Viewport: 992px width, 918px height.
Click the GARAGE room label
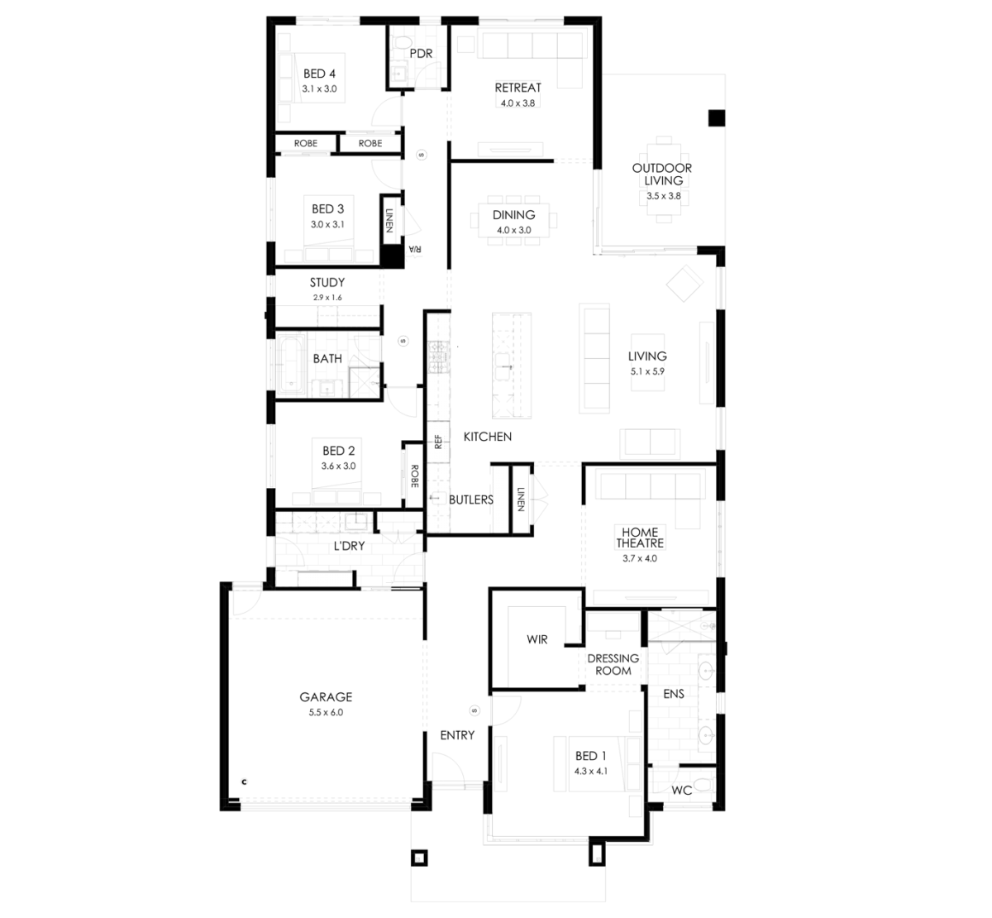click(326, 696)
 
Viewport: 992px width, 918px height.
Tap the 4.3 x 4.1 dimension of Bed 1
click(591, 771)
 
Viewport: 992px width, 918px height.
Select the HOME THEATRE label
click(640, 538)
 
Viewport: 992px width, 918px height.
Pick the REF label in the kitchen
click(439, 442)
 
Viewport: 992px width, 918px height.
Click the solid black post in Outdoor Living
click(716, 118)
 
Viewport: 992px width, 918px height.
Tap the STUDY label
click(327, 283)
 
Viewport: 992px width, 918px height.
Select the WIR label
click(537, 639)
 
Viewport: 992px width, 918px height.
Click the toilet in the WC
click(704, 787)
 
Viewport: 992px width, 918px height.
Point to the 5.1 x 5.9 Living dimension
click(647, 371)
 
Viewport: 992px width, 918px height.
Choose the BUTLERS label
click(471, 500)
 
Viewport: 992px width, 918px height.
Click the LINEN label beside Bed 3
click(389, 221)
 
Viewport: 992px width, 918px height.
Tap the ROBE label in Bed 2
click(415, 476)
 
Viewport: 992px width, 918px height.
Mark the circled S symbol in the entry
click(475, 710)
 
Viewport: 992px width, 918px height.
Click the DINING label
click(513, 215)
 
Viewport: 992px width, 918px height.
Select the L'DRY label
click(349, 546)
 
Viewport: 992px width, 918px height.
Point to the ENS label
click(674, 694)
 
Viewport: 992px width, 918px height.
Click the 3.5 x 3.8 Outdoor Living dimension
click(663, 196)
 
